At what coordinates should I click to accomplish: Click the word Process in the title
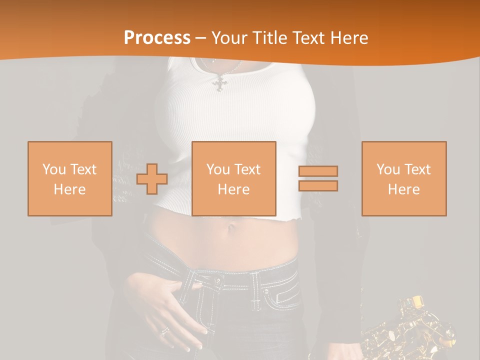[x=157, y=38]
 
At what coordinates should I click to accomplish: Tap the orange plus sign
[x=152, y=179]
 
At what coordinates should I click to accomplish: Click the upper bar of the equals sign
[x=318, y=171]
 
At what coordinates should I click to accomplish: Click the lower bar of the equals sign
[x=318, y=186]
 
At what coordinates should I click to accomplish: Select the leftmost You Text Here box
[x=70, y=178]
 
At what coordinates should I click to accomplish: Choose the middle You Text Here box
[x=234, y=178]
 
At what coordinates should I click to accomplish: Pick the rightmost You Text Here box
[x=404, y=178]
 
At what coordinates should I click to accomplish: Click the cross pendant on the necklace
[x=220, y=82]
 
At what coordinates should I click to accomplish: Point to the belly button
[x=231, y=229]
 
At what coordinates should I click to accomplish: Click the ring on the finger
[x=164, y=331]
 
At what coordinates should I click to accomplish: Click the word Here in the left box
[x=70, y=189]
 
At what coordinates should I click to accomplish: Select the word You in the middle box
[x=218, y=169]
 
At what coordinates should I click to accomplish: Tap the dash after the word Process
[x=201, y=38]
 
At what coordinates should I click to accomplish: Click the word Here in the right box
[x=404, y=189]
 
